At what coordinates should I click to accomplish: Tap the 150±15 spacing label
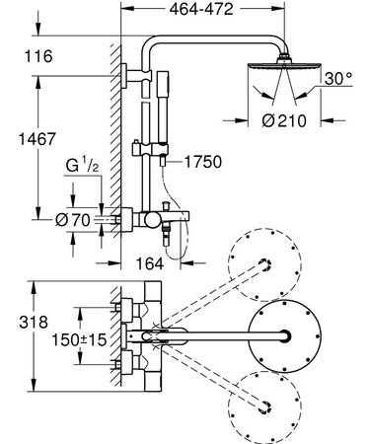point(78,338)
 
